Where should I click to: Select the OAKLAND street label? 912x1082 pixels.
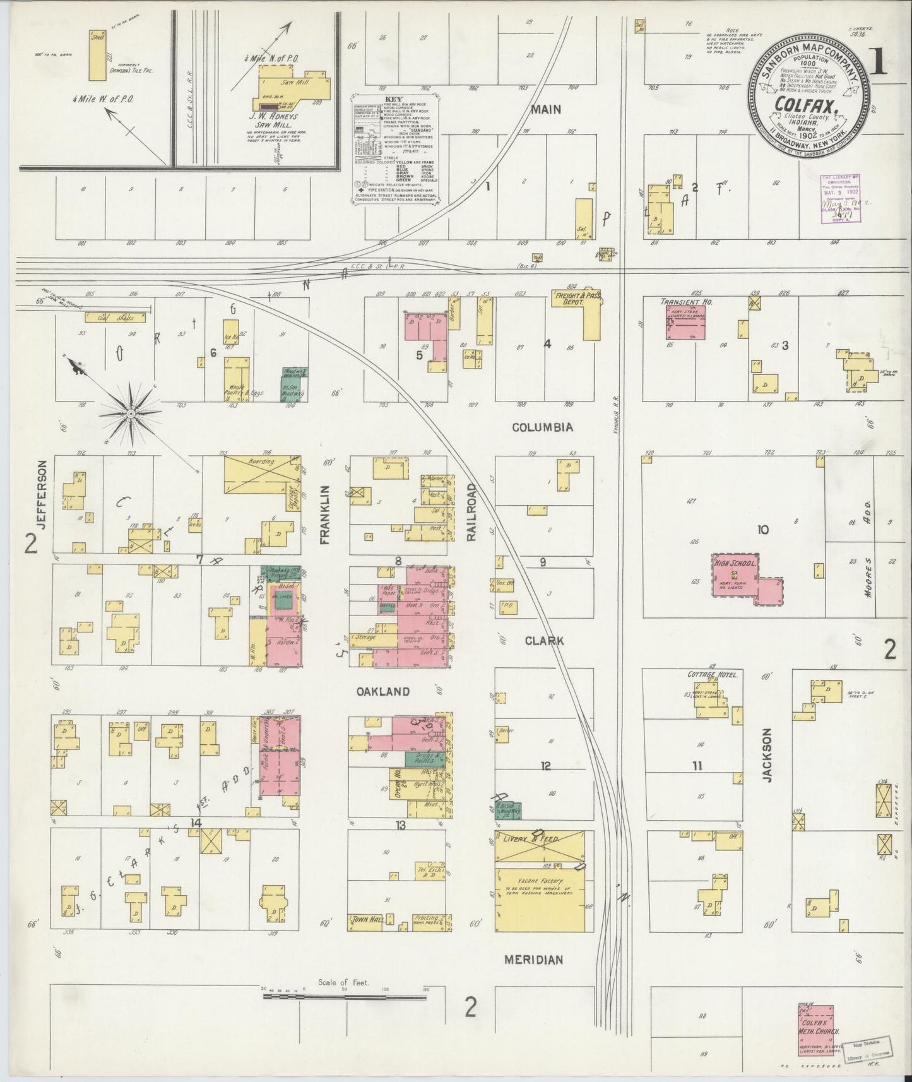[x=382, y=692]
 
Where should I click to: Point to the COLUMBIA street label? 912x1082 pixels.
[x=543, y=427]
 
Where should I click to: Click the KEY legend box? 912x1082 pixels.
[x=396, y=150]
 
